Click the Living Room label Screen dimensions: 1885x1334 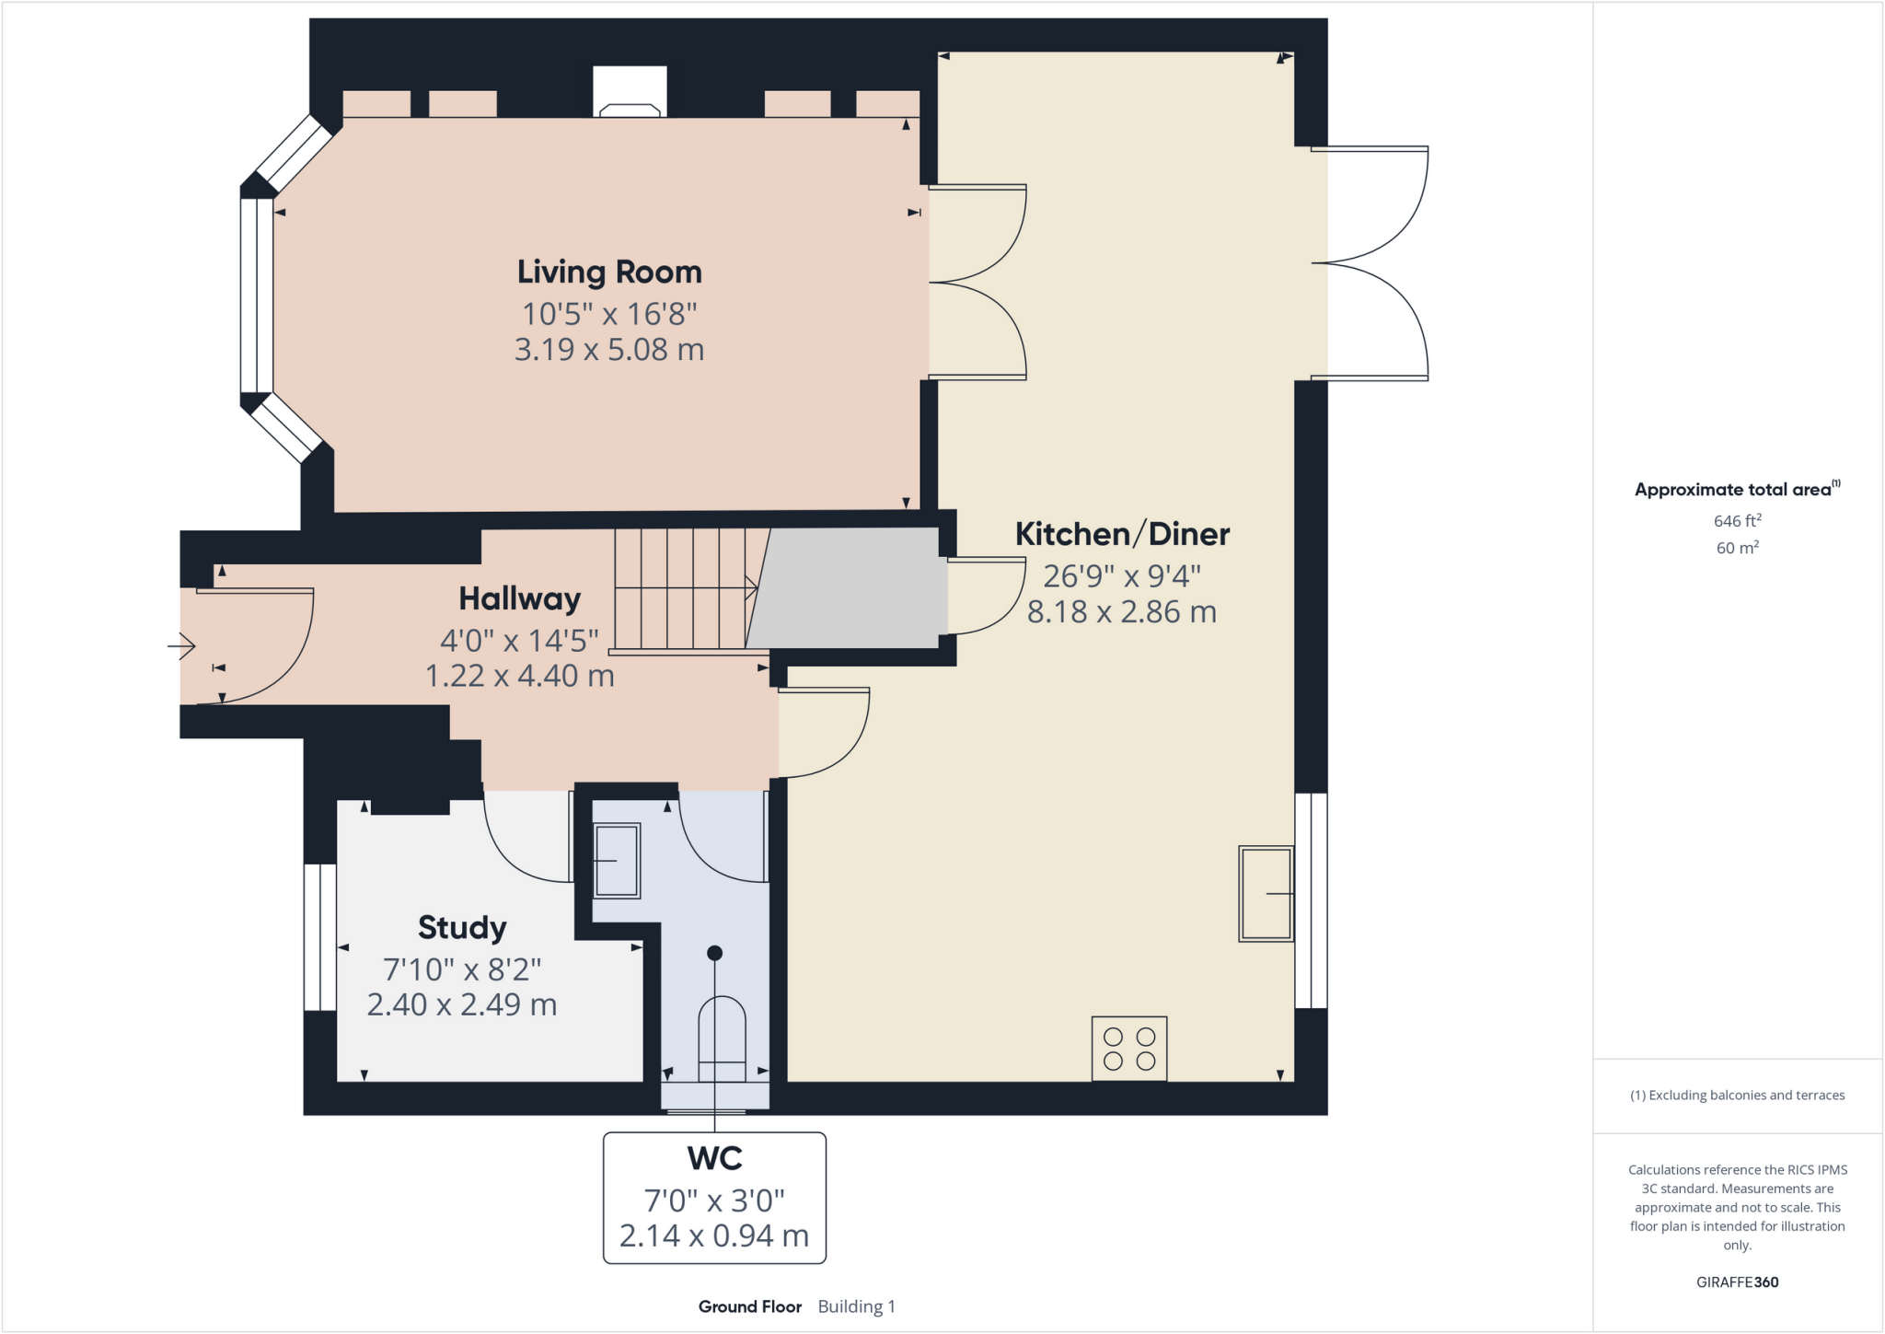pyautogui.click(x=609, y=273)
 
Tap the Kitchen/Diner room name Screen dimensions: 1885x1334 pyautogui.click(x=1122, y=534)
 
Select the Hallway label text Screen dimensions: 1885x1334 pyautogui.click(x=520, y=599)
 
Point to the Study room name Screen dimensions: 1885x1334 pyautogui.click(x=462, y=928)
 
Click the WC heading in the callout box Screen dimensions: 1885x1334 pyautogui.click(x=714, y=1158)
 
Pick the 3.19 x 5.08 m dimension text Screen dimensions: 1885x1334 pyautogui.click(x=609, y=350)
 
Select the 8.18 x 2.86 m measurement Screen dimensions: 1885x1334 pyautogui.click(x=1122, y=612)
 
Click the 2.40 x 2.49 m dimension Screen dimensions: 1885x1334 pyautogui.click(x=462, y=1004)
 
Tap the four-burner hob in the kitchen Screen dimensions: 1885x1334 pyautogui.click(x=1129, y=1049)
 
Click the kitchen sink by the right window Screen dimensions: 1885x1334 pyautogui.click(x=1266, y=893)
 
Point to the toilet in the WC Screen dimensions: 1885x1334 pyautogui.click(x=722, y=1038)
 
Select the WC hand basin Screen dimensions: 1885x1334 pyautogui.click(x=617, y=861)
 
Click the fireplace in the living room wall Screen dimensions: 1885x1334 pyautogui.click(x=630, y=92)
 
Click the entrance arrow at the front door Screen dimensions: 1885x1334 pyautogui.click(x=181, y=646)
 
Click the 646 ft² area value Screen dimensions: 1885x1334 pyautogui.click(x=1737, y=521)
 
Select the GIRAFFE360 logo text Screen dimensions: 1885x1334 pyautogui.click(x=1737, y=1282)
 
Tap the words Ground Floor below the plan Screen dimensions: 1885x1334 pyautogui.click(x=750, y=1306)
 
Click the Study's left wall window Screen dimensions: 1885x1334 pyautogui.click(x=320, y=936)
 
